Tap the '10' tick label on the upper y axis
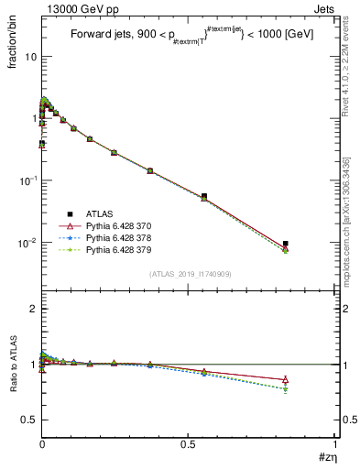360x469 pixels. tap(30, 57)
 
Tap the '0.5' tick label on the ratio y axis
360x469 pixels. tap(28, 420)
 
